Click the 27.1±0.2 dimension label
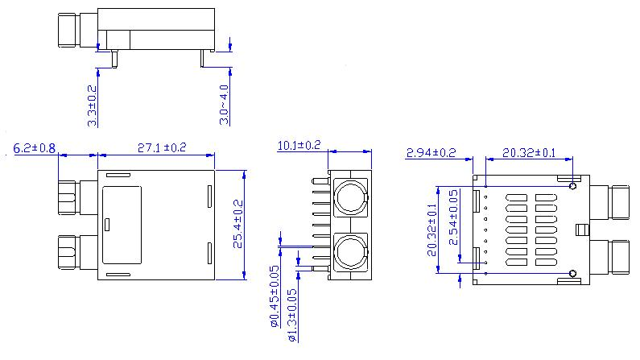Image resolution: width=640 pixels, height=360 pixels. click(162, 147)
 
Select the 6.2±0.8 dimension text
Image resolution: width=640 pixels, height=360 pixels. click(35, 148)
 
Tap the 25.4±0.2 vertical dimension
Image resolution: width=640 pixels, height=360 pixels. click(237, 226)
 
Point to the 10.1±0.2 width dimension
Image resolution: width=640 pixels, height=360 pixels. click(299, 145)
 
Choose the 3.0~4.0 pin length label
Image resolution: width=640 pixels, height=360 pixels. click(225, 104)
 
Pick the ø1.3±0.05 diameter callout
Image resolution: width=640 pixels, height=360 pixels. click(291, 315)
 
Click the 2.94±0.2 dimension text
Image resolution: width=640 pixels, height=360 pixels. click(431, 152)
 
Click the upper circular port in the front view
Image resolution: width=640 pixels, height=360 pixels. click(350, 197)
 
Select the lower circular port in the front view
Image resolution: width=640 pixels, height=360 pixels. click(350, 252)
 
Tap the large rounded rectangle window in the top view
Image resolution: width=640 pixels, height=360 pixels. click(121, 226)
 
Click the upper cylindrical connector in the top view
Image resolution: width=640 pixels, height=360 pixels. click(68, 197)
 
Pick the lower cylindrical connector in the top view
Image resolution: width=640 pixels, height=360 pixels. click(68, 253)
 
